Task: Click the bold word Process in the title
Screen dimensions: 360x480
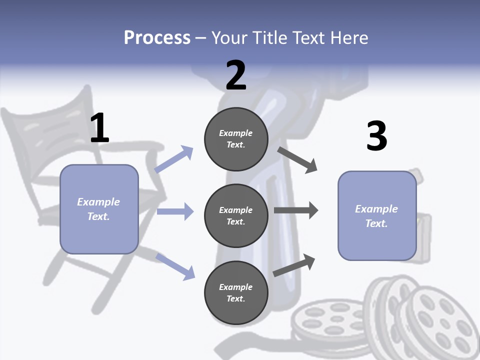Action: pos(157,37)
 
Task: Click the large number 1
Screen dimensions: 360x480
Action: pos(99,128)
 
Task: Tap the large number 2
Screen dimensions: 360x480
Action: pos(236,75)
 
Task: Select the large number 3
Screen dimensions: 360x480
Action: pos(376,136)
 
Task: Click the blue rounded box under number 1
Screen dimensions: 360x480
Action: pos(99,209)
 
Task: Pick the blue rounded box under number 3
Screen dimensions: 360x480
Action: pos(377,215)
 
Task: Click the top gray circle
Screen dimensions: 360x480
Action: pos(236,139)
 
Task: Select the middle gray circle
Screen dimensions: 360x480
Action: pos(236,215)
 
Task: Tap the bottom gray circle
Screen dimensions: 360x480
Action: pos(236,292)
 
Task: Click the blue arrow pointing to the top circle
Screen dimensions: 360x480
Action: pos(174,159)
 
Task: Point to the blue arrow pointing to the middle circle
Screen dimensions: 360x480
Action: pos(175,211)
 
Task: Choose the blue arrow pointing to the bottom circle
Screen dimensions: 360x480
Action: pos(175,266)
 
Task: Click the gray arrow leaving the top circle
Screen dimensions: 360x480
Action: pos(298,160)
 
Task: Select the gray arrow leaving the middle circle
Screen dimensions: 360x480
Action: pos(296,210)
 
